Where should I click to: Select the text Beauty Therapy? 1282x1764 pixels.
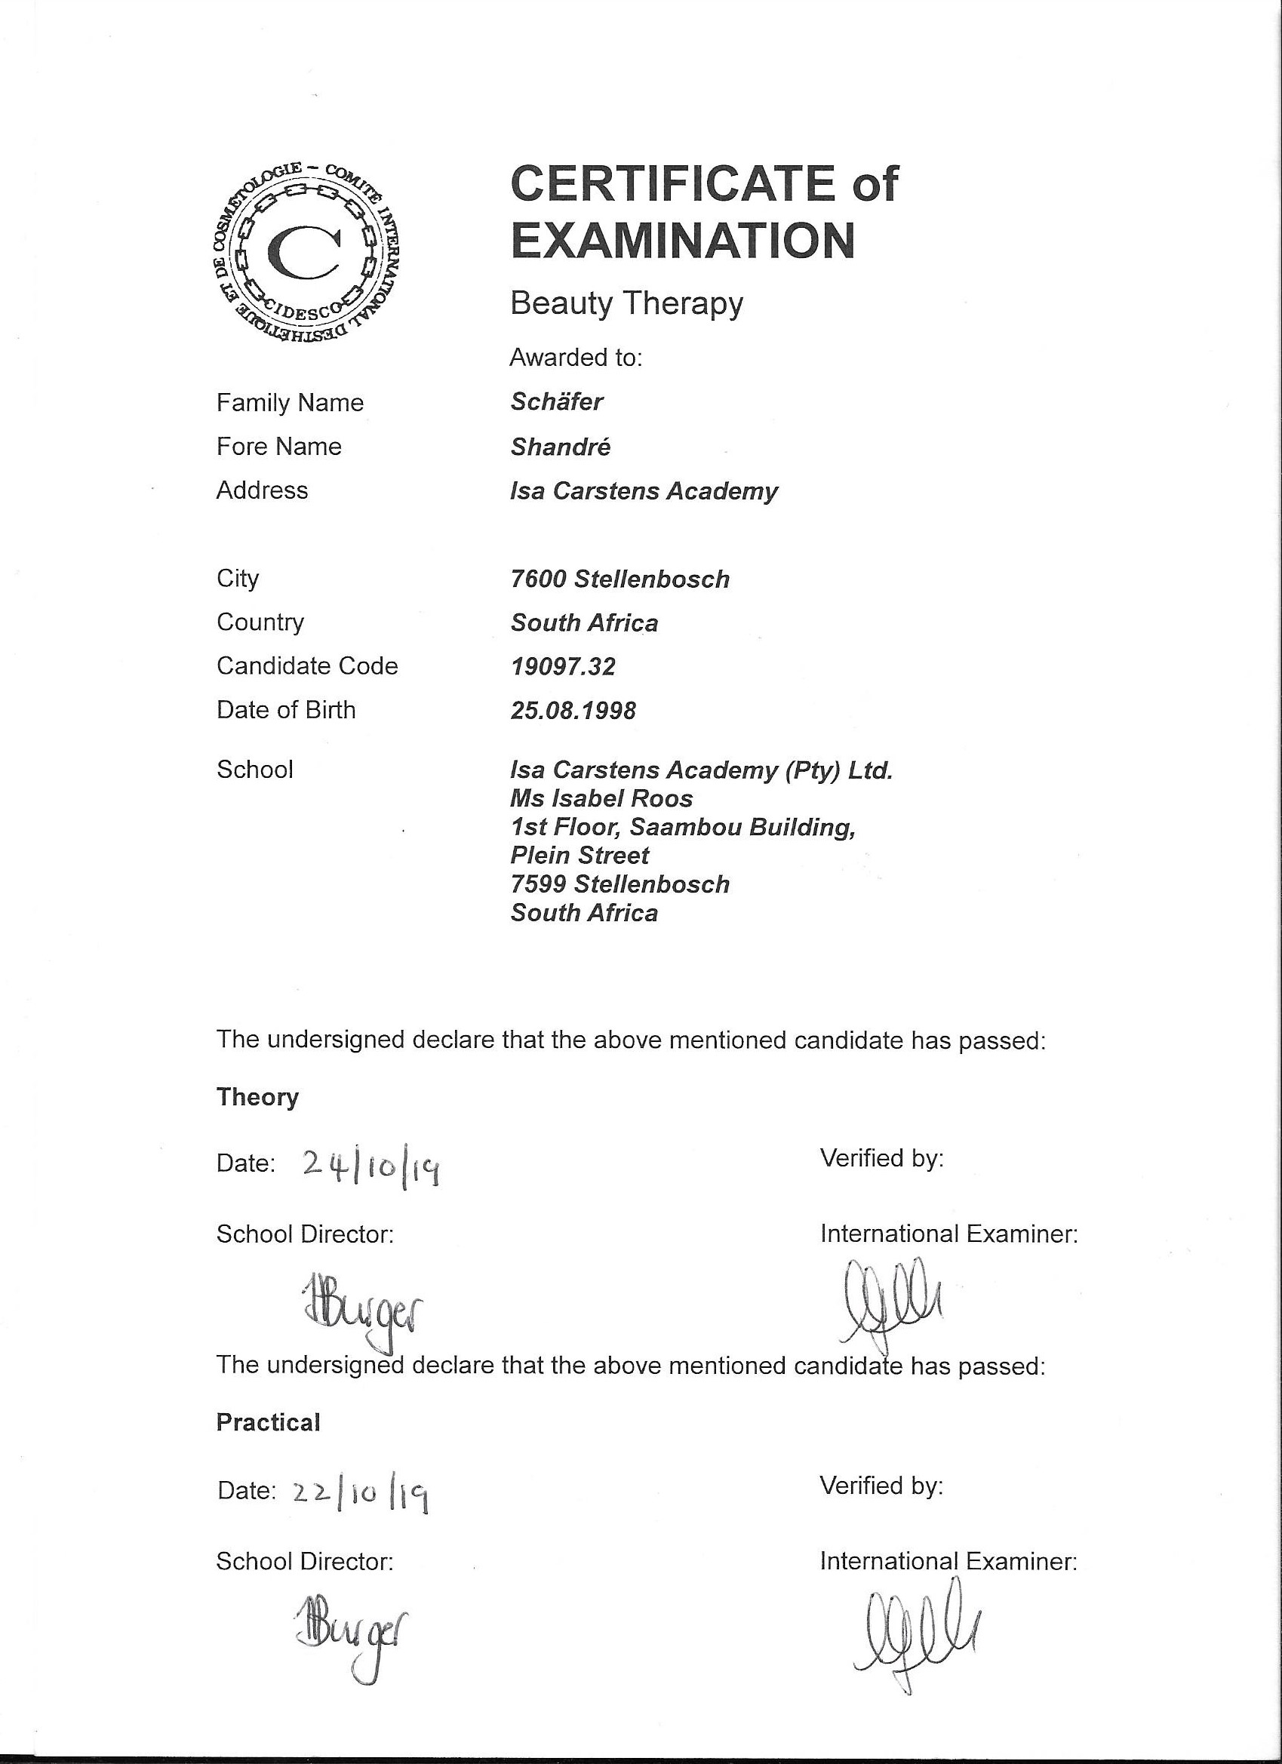[x=626, y=303]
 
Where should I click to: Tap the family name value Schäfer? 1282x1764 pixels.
[x=556, y=401]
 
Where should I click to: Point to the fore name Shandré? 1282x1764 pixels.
[x=560, y=447]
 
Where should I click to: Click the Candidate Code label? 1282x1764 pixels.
[x=307, y=665]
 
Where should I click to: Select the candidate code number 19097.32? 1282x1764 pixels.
[x=562, y=666]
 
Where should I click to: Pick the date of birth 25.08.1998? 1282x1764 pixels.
[x=573, y=710]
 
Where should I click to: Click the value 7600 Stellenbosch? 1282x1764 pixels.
[x=619, y=579]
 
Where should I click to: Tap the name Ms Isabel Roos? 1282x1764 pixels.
[x=601, y=798]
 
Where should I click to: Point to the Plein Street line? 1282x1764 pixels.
[x=579, y=856]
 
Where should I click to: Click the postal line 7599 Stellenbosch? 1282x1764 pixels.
[x=619, y=884]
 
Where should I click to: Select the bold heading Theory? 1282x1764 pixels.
[x=257, y=1097]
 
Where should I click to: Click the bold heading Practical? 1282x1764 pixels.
[x=269, y=1422]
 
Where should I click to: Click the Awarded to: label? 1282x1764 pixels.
[x=576, y=358]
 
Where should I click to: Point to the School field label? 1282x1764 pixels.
[x=254, y=770]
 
